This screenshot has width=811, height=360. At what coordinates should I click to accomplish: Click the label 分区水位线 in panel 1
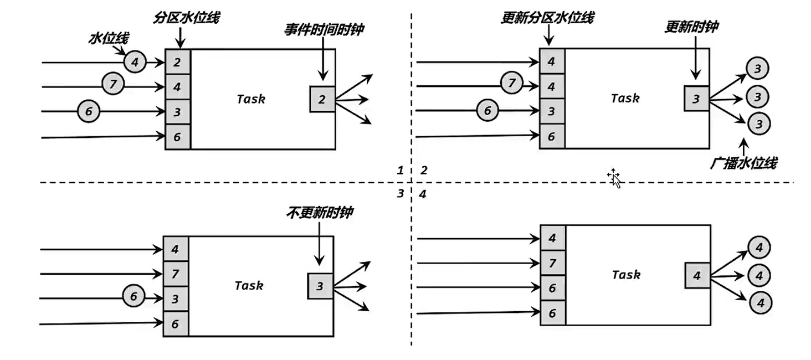point(187,18)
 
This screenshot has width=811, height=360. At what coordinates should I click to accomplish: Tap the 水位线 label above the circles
point(109,38)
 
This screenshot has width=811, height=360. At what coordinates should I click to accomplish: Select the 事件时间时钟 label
point(324,29)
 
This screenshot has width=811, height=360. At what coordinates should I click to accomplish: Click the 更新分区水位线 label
point(547,18)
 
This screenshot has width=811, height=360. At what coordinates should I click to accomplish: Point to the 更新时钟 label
point(691,27)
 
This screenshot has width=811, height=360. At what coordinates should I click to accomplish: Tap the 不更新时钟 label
point(320,213)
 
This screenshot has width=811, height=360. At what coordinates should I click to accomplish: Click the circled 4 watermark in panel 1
point(134,62)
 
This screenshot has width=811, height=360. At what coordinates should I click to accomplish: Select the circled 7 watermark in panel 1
point(113,85)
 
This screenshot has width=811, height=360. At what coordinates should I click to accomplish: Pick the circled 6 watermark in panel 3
point(133,297)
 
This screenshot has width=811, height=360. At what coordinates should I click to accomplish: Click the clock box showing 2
point(322,100)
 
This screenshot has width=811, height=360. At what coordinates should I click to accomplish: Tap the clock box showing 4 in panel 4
point(697,275)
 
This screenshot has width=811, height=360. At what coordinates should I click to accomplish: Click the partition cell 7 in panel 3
point(176,274)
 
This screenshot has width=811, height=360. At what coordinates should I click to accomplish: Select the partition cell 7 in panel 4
point(552,264)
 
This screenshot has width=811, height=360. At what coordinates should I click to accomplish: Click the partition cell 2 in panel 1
point(177,62)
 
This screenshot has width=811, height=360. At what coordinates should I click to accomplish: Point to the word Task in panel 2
point(625,99)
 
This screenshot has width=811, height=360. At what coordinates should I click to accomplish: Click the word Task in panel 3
point(249,286)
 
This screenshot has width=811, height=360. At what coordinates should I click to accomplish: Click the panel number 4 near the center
point(423,194)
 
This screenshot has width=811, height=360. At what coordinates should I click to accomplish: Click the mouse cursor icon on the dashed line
point(614,178)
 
